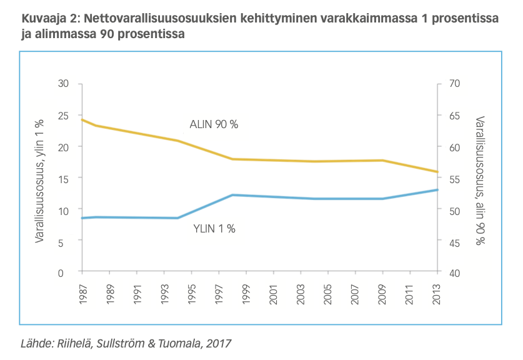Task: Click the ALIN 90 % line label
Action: (x=214, y=124)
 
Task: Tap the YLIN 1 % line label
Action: (x=215, y=229)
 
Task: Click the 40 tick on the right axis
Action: (x=454, y=272)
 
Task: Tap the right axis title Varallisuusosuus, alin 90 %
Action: (x=480, y=180)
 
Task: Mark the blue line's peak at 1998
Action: (x=232, y=195)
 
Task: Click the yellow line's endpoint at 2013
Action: (x=437, y=172)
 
